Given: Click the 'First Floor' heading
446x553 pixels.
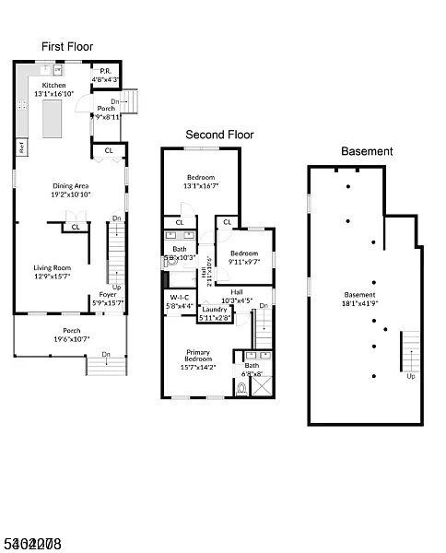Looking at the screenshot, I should (67, 46).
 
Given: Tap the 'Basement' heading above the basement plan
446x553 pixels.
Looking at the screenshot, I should (367, 151).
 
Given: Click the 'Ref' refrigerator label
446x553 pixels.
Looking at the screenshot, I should (20, 147).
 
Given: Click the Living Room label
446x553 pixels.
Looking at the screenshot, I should (51, 269).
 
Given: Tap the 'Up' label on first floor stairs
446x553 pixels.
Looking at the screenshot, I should (115, 287).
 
